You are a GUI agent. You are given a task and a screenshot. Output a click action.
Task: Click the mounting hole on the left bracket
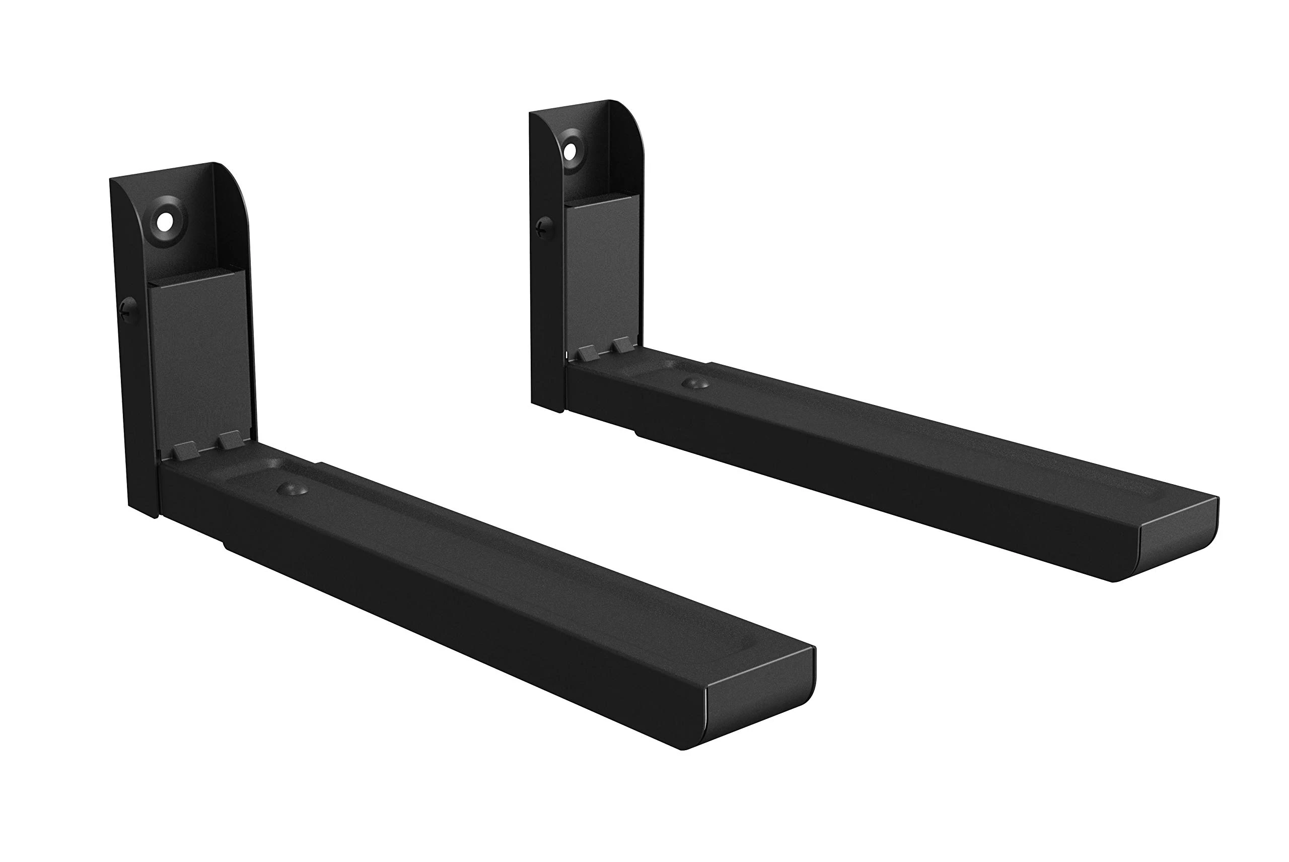(164, 223)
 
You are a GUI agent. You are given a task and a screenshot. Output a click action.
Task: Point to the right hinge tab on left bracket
(230, 439)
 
